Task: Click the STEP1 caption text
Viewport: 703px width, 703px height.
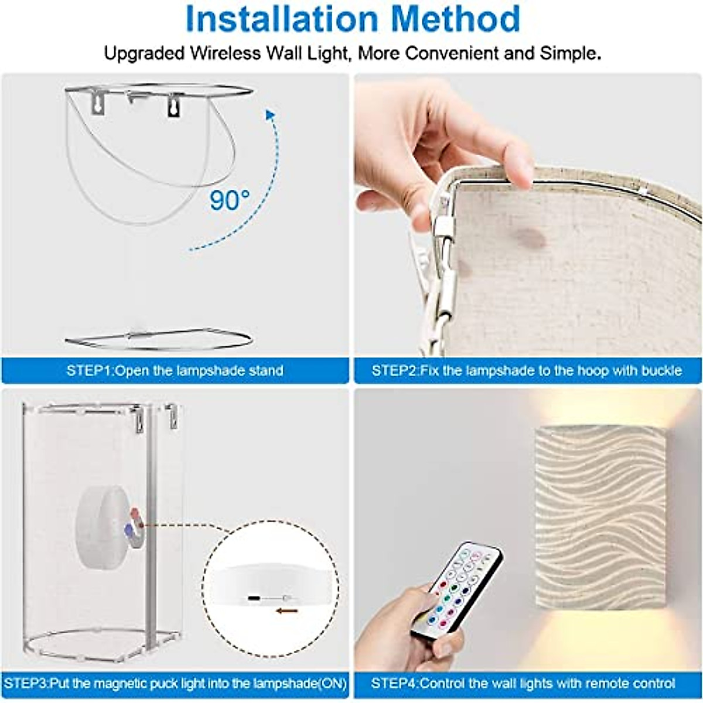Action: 175,371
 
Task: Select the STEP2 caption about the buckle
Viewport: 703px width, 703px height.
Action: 527,371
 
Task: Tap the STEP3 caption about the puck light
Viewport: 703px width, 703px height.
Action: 175,683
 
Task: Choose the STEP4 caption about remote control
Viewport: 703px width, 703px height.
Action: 523,683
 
